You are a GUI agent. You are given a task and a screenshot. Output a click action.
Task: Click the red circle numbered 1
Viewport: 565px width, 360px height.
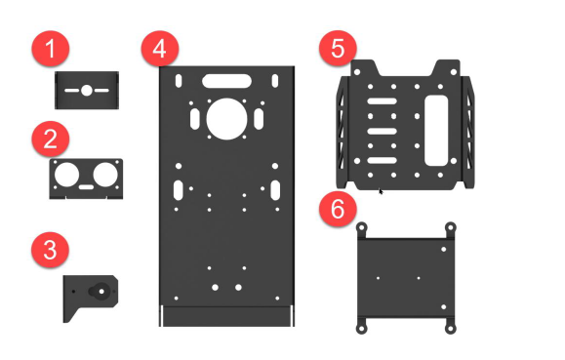click(51, 48)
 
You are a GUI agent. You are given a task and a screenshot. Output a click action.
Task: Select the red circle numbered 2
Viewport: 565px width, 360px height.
click(51, 139)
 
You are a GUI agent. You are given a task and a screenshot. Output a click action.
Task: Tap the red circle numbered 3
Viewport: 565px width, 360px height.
click(50, 250)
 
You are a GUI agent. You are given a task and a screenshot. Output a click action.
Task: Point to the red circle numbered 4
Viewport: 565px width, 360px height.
click(160, 48)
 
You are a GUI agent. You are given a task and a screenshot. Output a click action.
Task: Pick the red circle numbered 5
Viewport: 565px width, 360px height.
click(338, 48)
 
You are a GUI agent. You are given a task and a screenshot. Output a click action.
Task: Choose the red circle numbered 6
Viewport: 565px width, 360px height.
click(338, 209)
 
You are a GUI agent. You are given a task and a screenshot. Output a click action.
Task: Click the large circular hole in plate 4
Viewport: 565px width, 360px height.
click(226, 119)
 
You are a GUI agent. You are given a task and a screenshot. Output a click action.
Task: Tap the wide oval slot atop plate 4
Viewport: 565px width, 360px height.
click(226, 81)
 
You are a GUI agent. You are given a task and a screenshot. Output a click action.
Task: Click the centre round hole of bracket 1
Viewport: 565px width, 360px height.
click(87, 90)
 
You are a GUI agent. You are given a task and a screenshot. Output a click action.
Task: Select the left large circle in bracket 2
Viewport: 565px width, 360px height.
click(66, 175)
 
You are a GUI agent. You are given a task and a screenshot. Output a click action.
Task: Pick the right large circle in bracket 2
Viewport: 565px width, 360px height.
click(105, 175)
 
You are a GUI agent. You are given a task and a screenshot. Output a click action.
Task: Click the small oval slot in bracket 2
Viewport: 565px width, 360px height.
click(86, 187)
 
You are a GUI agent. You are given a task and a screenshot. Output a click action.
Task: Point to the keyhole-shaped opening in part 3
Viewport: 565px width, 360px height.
click(100, 291)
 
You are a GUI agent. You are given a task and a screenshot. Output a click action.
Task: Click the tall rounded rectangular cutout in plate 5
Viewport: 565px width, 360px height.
click(436, 131)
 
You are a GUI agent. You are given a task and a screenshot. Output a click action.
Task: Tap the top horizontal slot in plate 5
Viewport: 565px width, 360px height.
click(382, 101)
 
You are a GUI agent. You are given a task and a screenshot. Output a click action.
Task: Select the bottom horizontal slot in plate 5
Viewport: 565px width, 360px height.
click(382, 160)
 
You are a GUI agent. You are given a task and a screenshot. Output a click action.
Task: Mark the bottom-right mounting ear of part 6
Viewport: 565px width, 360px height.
click(450, 327)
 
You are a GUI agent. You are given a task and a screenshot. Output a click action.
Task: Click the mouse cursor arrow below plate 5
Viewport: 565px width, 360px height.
click(381, 191)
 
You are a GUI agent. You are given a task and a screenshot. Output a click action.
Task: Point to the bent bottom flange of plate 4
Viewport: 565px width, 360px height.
click(226, 316)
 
